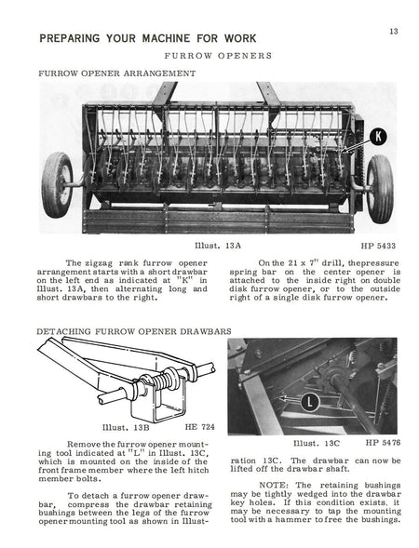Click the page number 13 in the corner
pyautogui.click(x=394, y=32)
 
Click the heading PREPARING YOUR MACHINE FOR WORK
pyautogui.click(x=148, y=38)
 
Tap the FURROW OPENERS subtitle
pyautogui.click(x=218, y=56)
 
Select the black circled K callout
pyautogui.click(x=378, y=136)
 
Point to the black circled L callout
pyautogui.click(x=310, y=402)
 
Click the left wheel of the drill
pyautogui.click(x=57, y=184)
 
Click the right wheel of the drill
pyautogui.click(x=380, y=189)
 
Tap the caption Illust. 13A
pyautogui.click(x=218, y=246)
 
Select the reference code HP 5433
pyautogui.click(x=378, y=246)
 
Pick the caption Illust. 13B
pyautogui.click(x=126, y=427)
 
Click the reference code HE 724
pyautogui.click(x=199, y=427)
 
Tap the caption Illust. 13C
pyautogui.click(x=317, y=443)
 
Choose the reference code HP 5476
pyautogui.click(x=383, y=443)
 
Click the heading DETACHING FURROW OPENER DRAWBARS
pyautogui.click(x=134, y=331)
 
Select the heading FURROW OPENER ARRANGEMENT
pyautogui.click(x=116, y=74)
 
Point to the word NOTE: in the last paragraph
pyautogui.click(x=274, y=485)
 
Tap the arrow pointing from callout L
pyautogui.click(x=291, y=398)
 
